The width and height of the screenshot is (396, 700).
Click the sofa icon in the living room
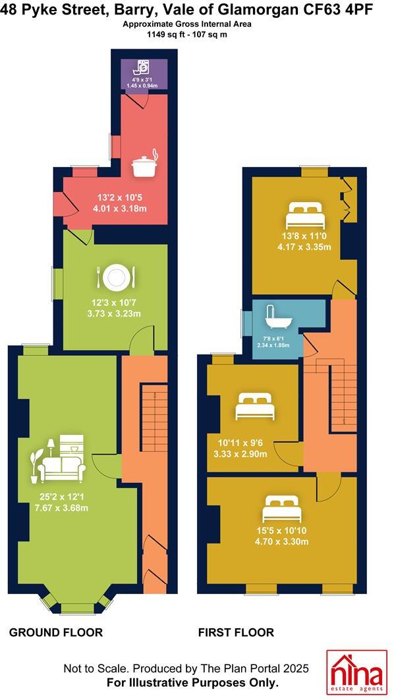tap(61, 459)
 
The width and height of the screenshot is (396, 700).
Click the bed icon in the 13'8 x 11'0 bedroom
tap(304, 215)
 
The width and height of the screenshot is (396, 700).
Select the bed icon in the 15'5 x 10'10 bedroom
tap(282, 509)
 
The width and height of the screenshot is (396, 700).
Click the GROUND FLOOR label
tap(55, 632)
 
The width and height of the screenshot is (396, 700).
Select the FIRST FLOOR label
tap(236, 632)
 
